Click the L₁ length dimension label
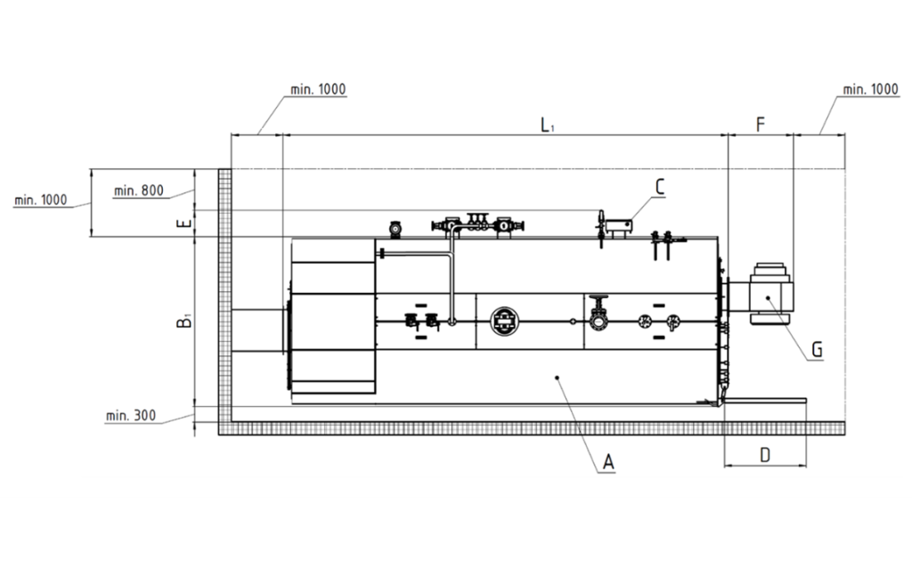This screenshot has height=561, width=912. click(x=547, y=125)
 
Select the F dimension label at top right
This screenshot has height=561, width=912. click(x=761, y=125)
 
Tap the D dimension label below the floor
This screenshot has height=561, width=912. click(x=765, y=455)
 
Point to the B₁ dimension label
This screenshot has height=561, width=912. click(x=184, y=321)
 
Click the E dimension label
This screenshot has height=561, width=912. click(x=183, y=224)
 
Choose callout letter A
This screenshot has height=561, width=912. click(x=608, y=462)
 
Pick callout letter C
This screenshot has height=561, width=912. click(x=660, y=187)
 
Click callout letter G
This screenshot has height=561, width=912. click(x=818, y=349)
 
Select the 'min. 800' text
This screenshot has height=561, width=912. click(x=138, y=191)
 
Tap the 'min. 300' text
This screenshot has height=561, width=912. click(x=131, y=416)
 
